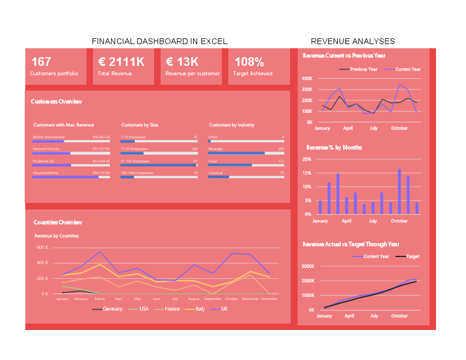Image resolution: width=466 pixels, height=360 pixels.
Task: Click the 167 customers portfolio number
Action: [41, 62]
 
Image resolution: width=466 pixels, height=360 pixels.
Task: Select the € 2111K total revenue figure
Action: [121, 62]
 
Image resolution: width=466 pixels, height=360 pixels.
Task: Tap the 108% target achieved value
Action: [249, 62]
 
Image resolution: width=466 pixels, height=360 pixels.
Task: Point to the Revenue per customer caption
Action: [192, 74]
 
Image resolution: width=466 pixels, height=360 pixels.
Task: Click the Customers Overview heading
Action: [56, 102]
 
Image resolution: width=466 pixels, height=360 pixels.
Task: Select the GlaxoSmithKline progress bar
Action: [71, 176]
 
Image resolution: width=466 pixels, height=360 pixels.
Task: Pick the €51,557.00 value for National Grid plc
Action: [101, 149]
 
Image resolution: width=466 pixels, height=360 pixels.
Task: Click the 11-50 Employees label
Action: [134, 149]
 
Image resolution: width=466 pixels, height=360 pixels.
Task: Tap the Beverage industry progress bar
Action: [246, 153]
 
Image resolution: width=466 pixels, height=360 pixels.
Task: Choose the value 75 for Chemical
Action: [281, 173]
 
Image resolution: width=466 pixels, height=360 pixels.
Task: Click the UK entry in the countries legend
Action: [224, 309]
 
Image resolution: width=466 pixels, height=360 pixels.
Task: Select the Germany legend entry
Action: [112, 309]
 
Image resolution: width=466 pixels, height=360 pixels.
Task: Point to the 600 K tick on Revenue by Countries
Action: [42, 248]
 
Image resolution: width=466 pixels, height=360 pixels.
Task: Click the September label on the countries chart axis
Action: [212, 299]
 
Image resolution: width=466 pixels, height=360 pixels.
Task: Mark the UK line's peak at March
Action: [100, 252]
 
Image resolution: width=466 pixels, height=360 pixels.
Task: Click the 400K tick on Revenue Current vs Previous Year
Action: [307, 78]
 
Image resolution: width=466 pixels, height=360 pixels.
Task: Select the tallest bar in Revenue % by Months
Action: [399, 192]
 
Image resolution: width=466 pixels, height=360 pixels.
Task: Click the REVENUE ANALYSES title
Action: [352, 41]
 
